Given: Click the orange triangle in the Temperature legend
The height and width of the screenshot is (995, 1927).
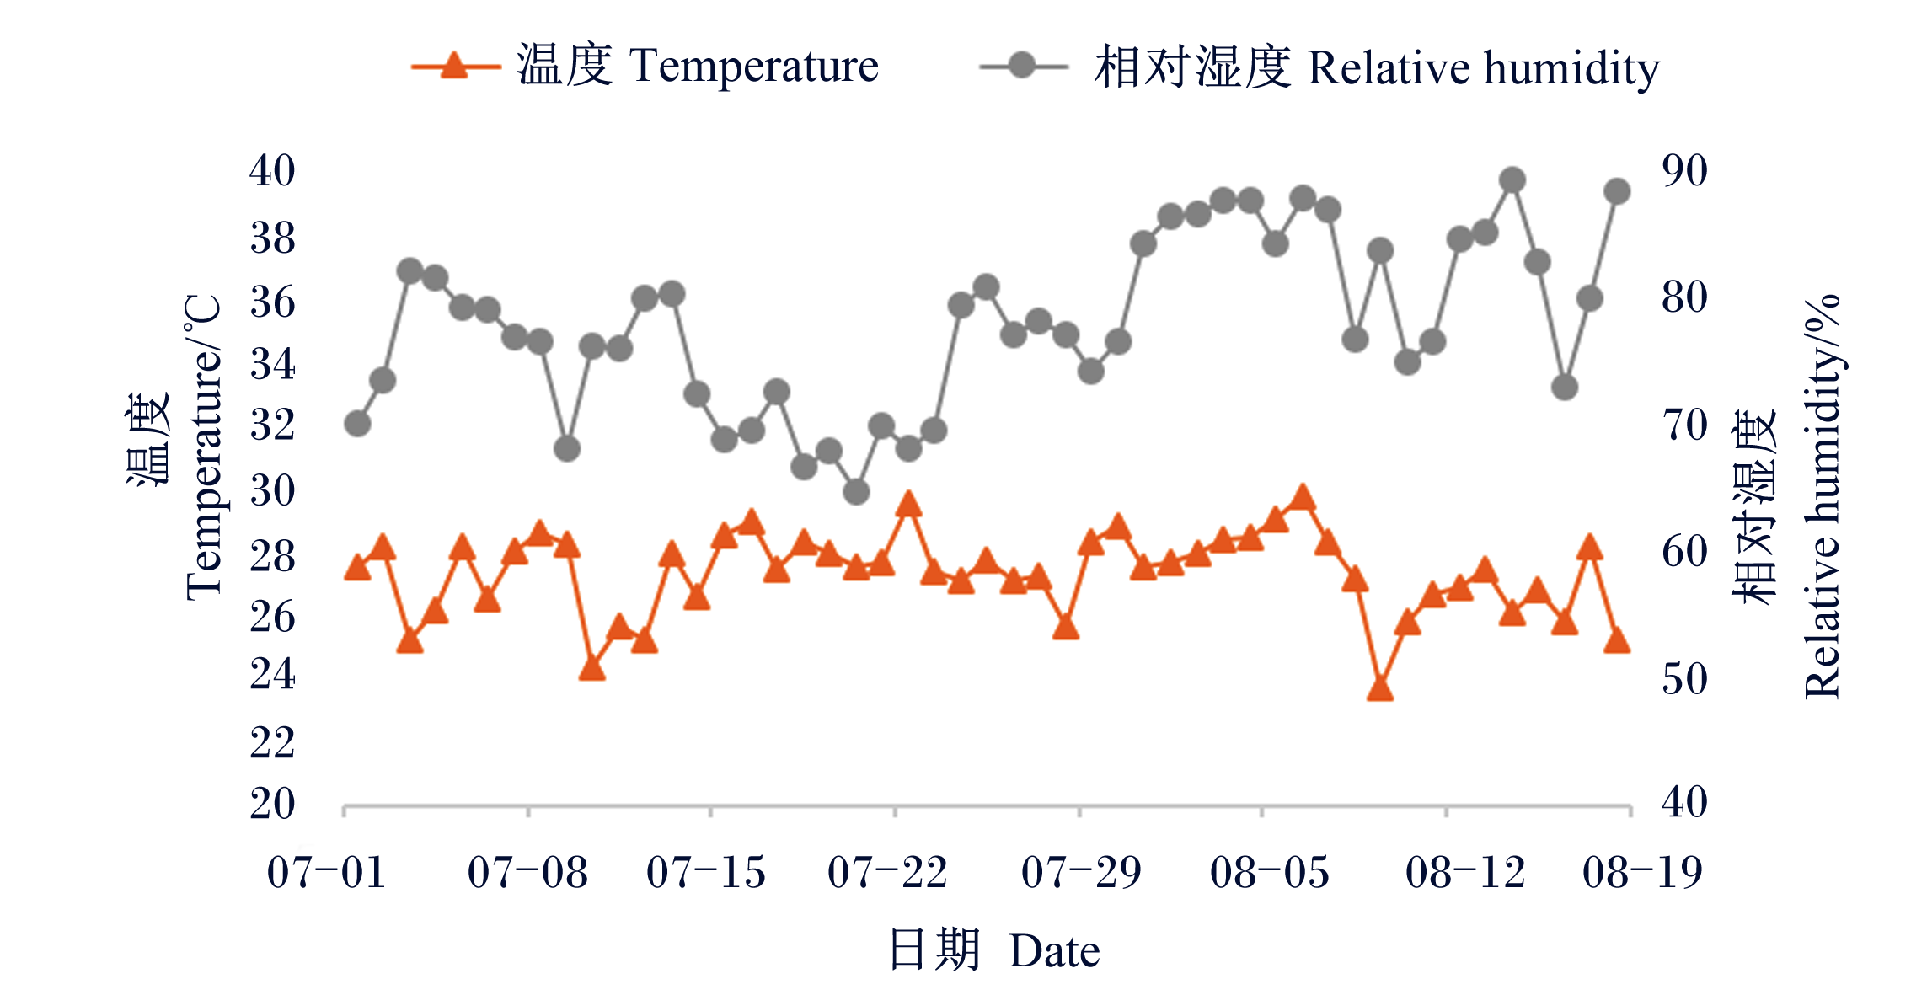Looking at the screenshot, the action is (454, 65).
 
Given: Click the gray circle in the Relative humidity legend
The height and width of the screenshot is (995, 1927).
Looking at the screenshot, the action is (1021, 65).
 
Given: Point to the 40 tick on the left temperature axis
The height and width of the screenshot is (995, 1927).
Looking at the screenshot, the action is (272, 171).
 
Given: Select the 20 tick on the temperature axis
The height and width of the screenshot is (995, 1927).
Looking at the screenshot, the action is (272, 804).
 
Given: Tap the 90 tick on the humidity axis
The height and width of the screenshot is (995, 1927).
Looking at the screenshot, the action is (1684, 171).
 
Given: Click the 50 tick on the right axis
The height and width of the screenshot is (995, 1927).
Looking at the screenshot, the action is (1684, 679).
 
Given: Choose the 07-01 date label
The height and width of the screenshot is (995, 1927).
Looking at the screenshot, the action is (327, 873).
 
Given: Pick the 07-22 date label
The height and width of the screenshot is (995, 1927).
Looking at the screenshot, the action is (887, 873).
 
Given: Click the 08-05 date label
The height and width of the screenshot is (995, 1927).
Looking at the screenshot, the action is (1270, 873).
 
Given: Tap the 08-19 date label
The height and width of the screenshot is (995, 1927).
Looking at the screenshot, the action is (1642, 873).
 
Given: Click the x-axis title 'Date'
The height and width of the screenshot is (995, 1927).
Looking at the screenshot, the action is (1054, 952).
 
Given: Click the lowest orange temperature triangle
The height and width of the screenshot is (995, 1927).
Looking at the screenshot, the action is (1380, 688).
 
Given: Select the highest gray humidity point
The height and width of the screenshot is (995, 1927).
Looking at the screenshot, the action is (1512, 180).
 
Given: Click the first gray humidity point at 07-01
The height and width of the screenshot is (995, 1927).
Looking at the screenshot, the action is (357, 423).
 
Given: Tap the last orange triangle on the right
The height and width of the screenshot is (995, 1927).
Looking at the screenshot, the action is (1617, 640).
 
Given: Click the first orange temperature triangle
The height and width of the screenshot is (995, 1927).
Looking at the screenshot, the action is (357, 567).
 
